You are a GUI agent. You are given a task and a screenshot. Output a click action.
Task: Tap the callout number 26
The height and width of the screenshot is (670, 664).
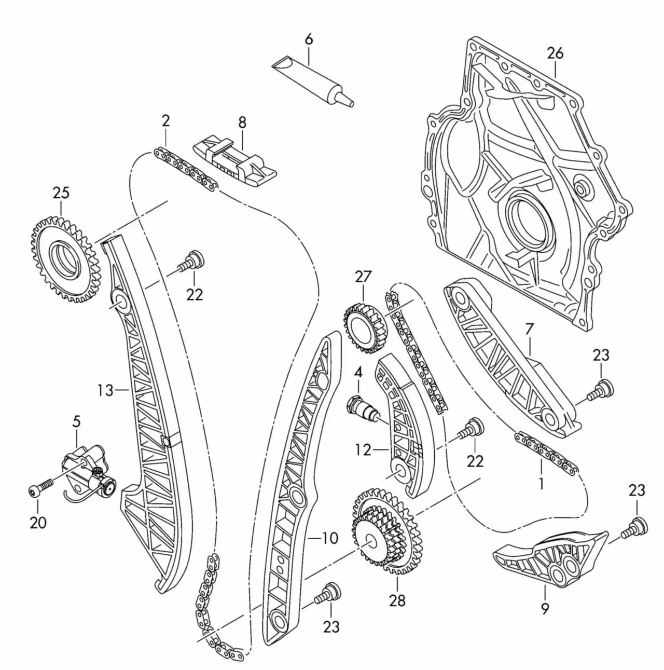[x=554, y=53]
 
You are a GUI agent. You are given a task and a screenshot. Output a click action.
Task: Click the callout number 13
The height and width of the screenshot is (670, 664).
[x=105, y=389]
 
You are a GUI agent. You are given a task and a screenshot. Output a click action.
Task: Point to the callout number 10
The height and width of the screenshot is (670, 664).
[x=329, y=538]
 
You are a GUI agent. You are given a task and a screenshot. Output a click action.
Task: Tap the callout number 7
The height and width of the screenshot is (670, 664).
[x=529, y=330]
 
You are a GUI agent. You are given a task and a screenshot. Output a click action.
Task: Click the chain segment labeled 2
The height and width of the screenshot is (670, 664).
[x=186, y=170]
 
